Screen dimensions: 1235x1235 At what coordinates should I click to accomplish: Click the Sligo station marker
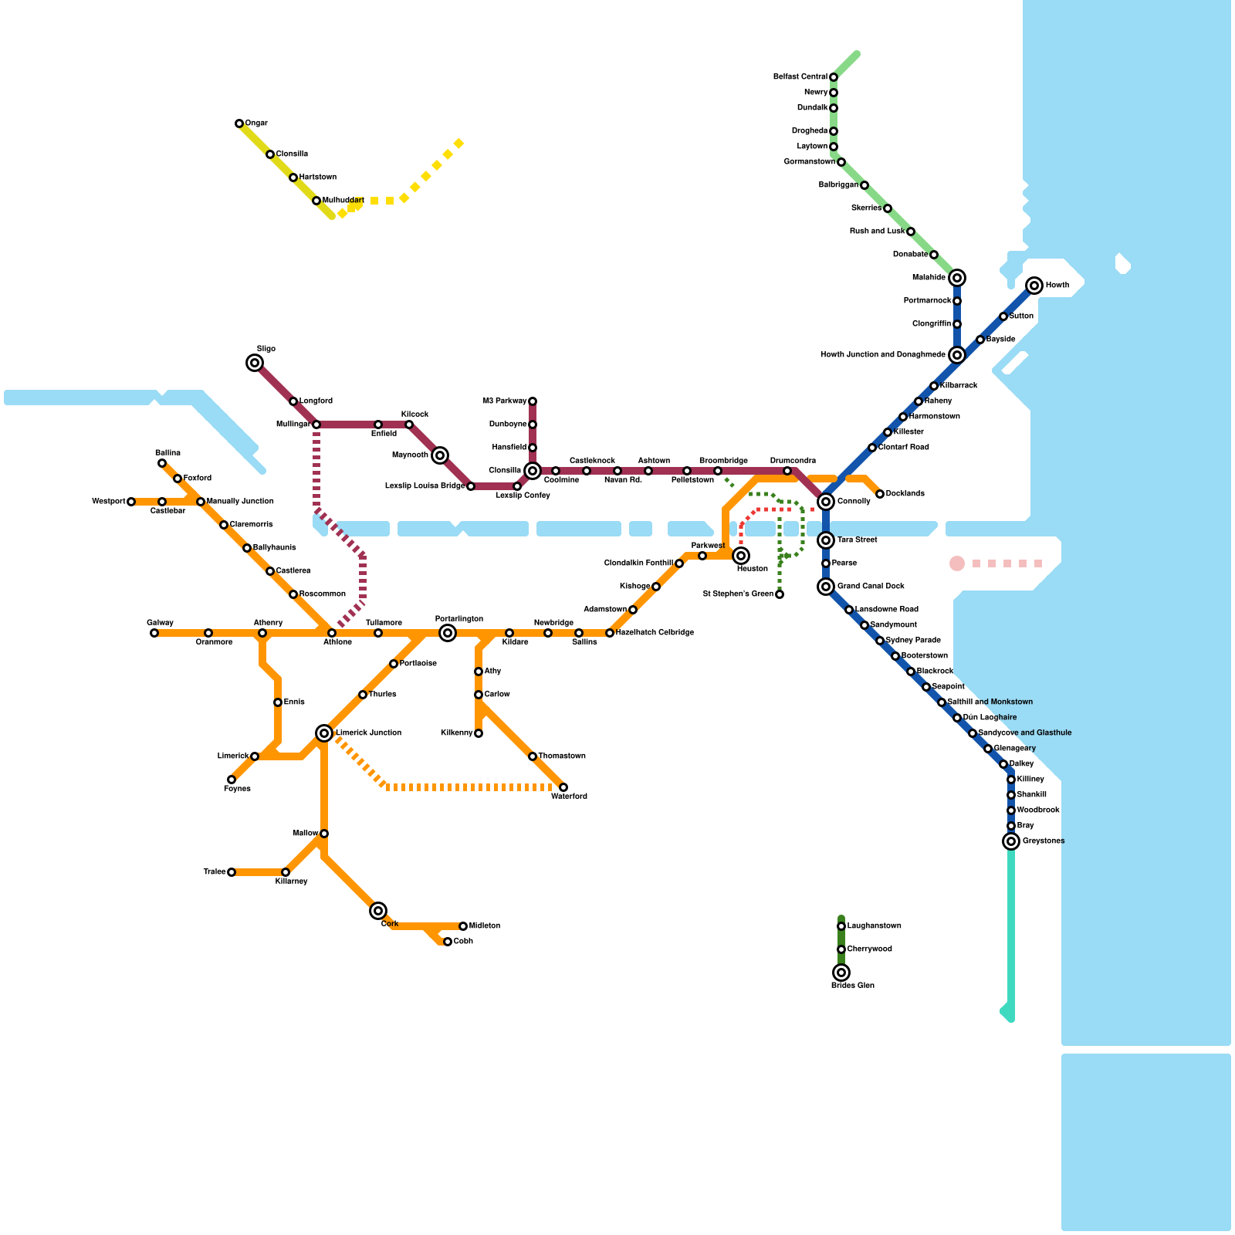coord(255,363)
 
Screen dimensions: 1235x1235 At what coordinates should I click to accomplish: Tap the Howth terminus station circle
coord(1034,286)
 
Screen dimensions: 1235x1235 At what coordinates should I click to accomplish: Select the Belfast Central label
coord(800,77)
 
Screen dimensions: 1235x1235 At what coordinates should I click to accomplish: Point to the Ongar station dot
coord(239,123)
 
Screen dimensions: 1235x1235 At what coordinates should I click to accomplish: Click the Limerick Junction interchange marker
coord(324,733)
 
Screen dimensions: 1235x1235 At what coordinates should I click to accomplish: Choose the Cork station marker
coord(378,911)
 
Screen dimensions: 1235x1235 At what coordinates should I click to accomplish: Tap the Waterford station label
coord(569,797)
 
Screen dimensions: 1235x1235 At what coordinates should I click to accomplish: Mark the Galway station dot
coord(154,633)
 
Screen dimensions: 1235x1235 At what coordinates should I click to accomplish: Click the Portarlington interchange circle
coord(448,633)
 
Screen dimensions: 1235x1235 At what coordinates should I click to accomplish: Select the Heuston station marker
coord(741,556)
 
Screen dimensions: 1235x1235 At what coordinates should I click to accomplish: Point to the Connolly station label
coord(854,502)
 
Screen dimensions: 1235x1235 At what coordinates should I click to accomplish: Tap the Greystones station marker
coord(1011,841)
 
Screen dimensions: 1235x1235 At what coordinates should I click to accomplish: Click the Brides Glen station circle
coord(841,973)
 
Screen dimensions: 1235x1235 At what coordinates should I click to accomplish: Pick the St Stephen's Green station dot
coord(780,594)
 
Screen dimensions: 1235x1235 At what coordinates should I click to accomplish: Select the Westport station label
coord(108,502)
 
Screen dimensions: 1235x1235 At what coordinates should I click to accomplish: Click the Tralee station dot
coord(232,872)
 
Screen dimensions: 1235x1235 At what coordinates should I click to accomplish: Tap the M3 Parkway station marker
coord(533,401)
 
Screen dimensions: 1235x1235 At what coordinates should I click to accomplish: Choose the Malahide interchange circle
coord(957,278)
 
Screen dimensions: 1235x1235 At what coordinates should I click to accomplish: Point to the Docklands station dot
coord(880,494)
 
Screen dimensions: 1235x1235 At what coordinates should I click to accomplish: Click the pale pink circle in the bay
coord(957,563)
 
